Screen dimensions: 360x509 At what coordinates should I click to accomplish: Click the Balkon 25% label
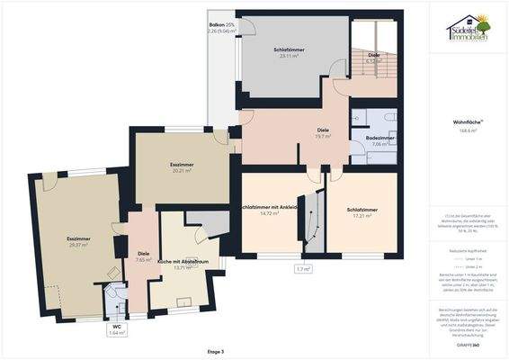[x=222, y=25]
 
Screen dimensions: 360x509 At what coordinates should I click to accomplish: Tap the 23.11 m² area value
[x=291, y=56]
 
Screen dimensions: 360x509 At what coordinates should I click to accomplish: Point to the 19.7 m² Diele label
[x=323, y=137]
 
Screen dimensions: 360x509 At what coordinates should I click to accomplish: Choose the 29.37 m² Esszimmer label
[x=79, y=244]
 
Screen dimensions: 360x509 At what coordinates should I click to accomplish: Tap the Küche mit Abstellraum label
[x=183, y=262]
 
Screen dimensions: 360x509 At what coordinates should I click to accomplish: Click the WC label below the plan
[x=116, y=327]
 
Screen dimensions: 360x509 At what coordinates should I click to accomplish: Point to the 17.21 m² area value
[x=362, y=216]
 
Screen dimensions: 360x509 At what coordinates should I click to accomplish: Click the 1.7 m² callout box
[x=303, y=268]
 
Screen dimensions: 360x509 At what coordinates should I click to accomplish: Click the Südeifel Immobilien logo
[x=469, y=31]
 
